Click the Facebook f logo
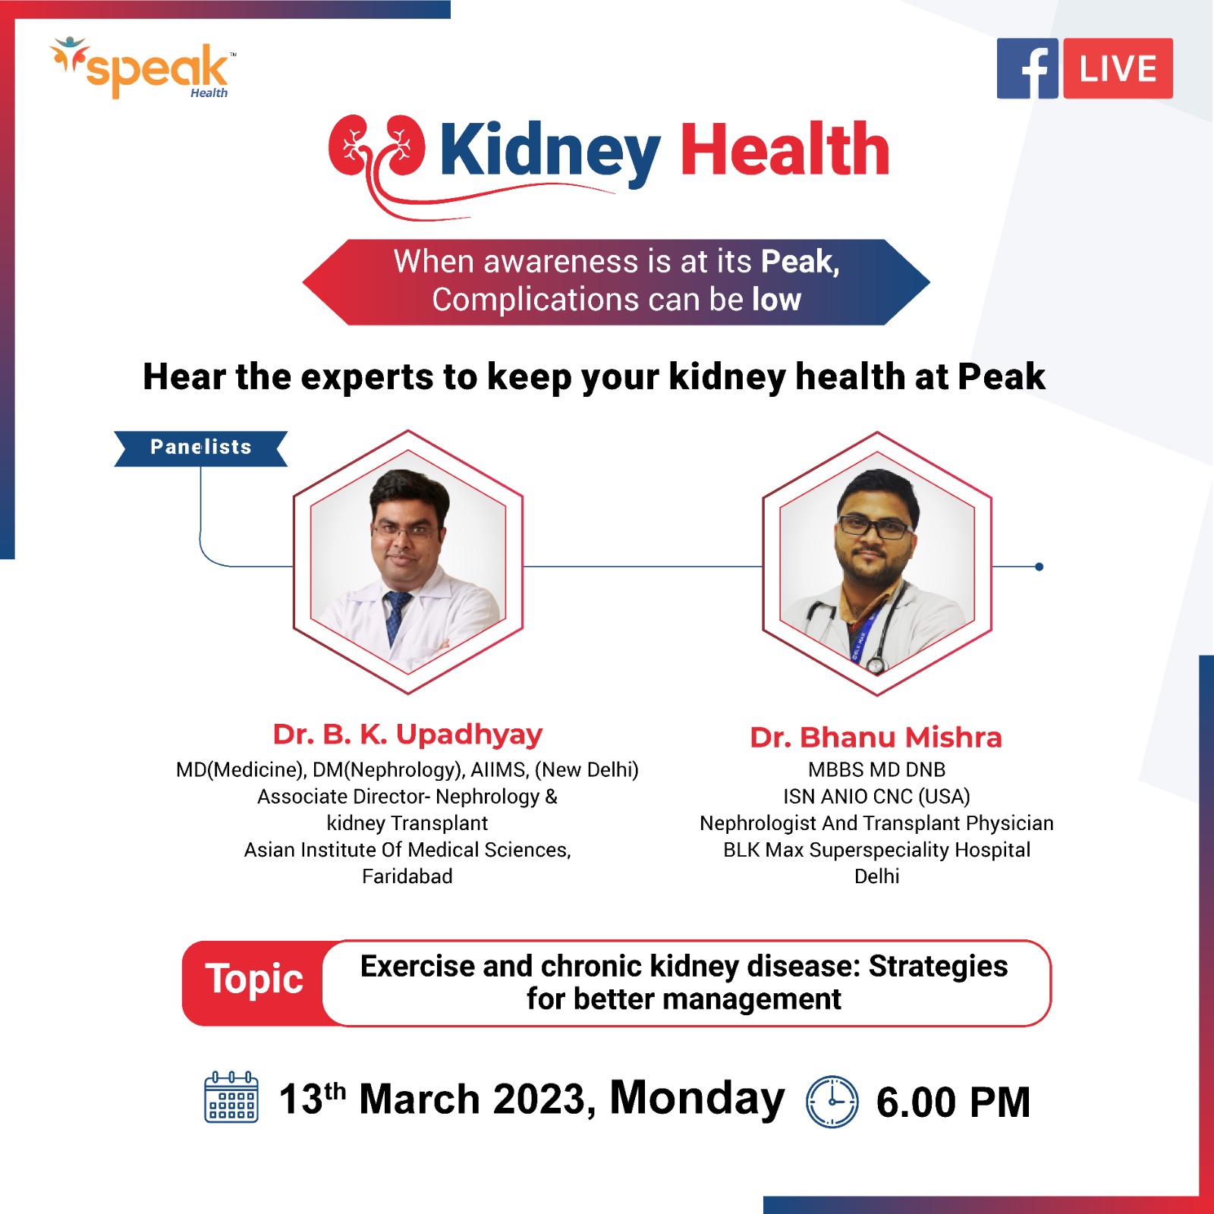point(1027,68)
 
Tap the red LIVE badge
point(1118,68)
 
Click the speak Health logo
point(143,68)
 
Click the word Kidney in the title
point(550,151)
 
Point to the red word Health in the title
point(785,149)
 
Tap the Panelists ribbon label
point(200,448)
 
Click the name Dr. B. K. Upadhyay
point(407,734)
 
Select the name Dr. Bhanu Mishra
point(876,737)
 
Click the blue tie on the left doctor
point(395,616)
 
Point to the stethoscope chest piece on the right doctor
point(876,665)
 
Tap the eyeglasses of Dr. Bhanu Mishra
point(874,527)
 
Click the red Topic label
point(254,979)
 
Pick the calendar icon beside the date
point(231,1097)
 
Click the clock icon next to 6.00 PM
point(832,1101)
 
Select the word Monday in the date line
point(697,1099)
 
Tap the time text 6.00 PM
point(953,1102)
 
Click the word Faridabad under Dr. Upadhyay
point(407,876)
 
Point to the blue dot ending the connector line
point(1039,567)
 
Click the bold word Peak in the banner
point(800,262)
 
